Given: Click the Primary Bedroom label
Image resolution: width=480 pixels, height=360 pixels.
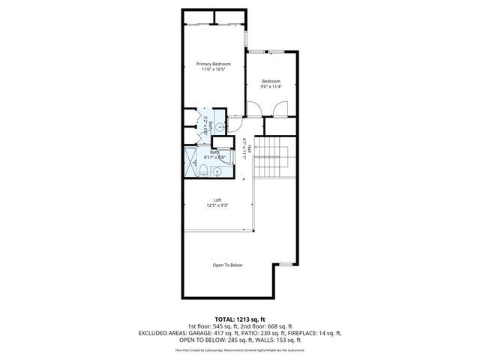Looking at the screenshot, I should [213, 64].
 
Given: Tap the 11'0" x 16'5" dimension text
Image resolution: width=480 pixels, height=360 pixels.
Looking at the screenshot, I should [213, 70].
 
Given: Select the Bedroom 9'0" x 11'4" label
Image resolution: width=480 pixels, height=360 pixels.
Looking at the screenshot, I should [271, 83].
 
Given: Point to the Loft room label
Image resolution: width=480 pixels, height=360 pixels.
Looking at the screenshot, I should [217, 199].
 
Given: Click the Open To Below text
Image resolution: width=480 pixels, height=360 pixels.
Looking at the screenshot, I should [227, 265].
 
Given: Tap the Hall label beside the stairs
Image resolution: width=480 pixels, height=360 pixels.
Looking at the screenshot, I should [246, 151].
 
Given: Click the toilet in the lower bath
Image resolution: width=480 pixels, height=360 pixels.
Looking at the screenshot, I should [203, 172].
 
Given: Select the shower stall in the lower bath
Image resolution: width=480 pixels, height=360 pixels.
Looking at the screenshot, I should [190, 164].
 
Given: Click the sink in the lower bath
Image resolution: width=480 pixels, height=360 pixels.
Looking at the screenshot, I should [217, 172].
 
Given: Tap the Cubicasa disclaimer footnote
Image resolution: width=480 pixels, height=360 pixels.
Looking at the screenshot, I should [240, 349].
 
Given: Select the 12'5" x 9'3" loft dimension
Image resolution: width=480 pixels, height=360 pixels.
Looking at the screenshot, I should [217, 205].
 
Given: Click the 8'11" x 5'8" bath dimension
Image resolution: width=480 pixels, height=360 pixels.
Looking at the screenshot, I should [215, 157].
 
